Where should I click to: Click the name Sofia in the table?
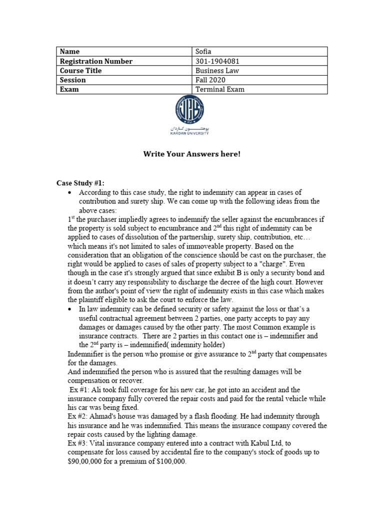click(204, 52)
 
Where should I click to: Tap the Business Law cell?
click(217, 71)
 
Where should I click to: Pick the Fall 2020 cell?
click(210, 80)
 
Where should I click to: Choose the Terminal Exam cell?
click(219, 90)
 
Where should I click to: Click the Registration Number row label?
click(96, 61)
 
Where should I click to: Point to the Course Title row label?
click(80, 71)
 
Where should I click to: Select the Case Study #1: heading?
click(79, 183)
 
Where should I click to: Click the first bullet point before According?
click(70, 193)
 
